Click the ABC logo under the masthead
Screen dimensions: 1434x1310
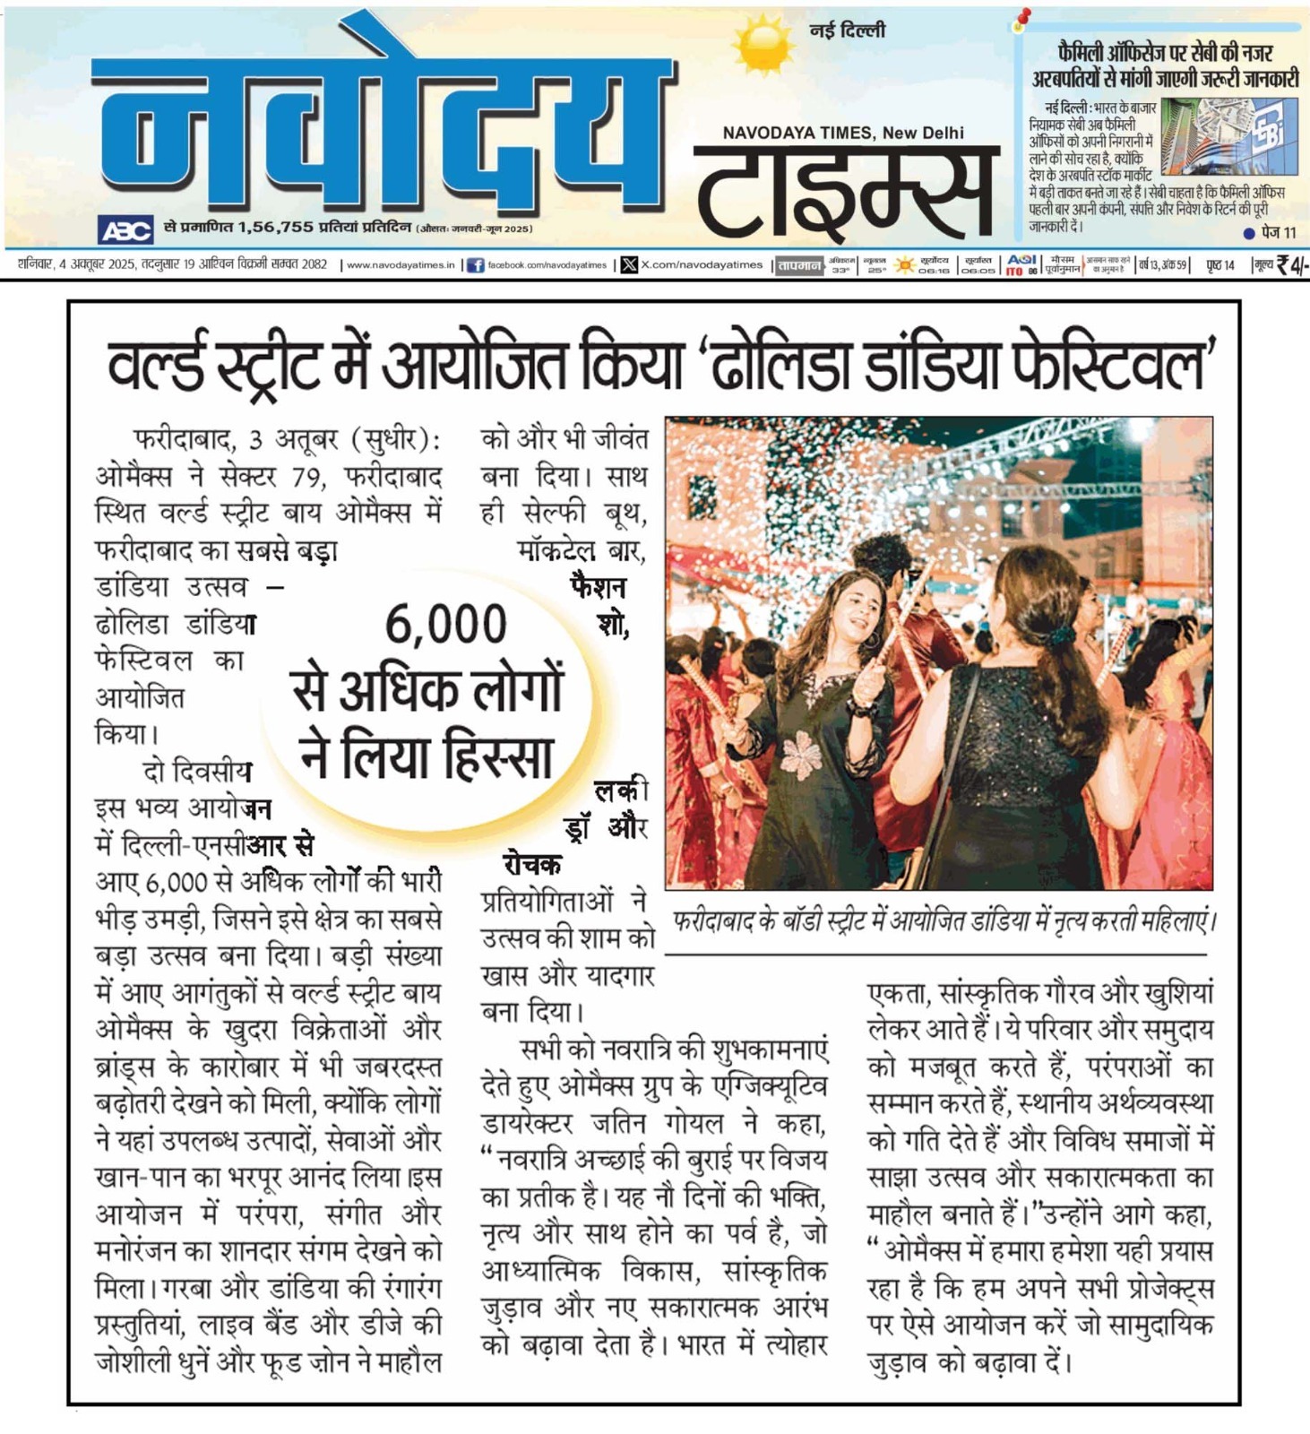(x=125, y=230)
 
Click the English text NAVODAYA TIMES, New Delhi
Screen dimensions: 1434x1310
(x=843, y=133)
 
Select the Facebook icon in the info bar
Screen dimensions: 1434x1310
(x=476, y=265)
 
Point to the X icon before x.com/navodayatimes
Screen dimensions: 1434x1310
(x=629, y=264)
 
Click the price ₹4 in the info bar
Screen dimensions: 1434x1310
(x=1291, y=264)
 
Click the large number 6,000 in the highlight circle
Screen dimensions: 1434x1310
(x=445, y=624)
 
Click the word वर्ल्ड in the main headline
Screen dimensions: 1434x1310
(x=156, y=365)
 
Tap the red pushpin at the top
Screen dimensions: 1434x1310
(x=1022, y=19)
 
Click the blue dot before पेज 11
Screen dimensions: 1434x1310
(x=1249, y=233)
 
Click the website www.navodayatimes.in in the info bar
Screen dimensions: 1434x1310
(x=401, y=265)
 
